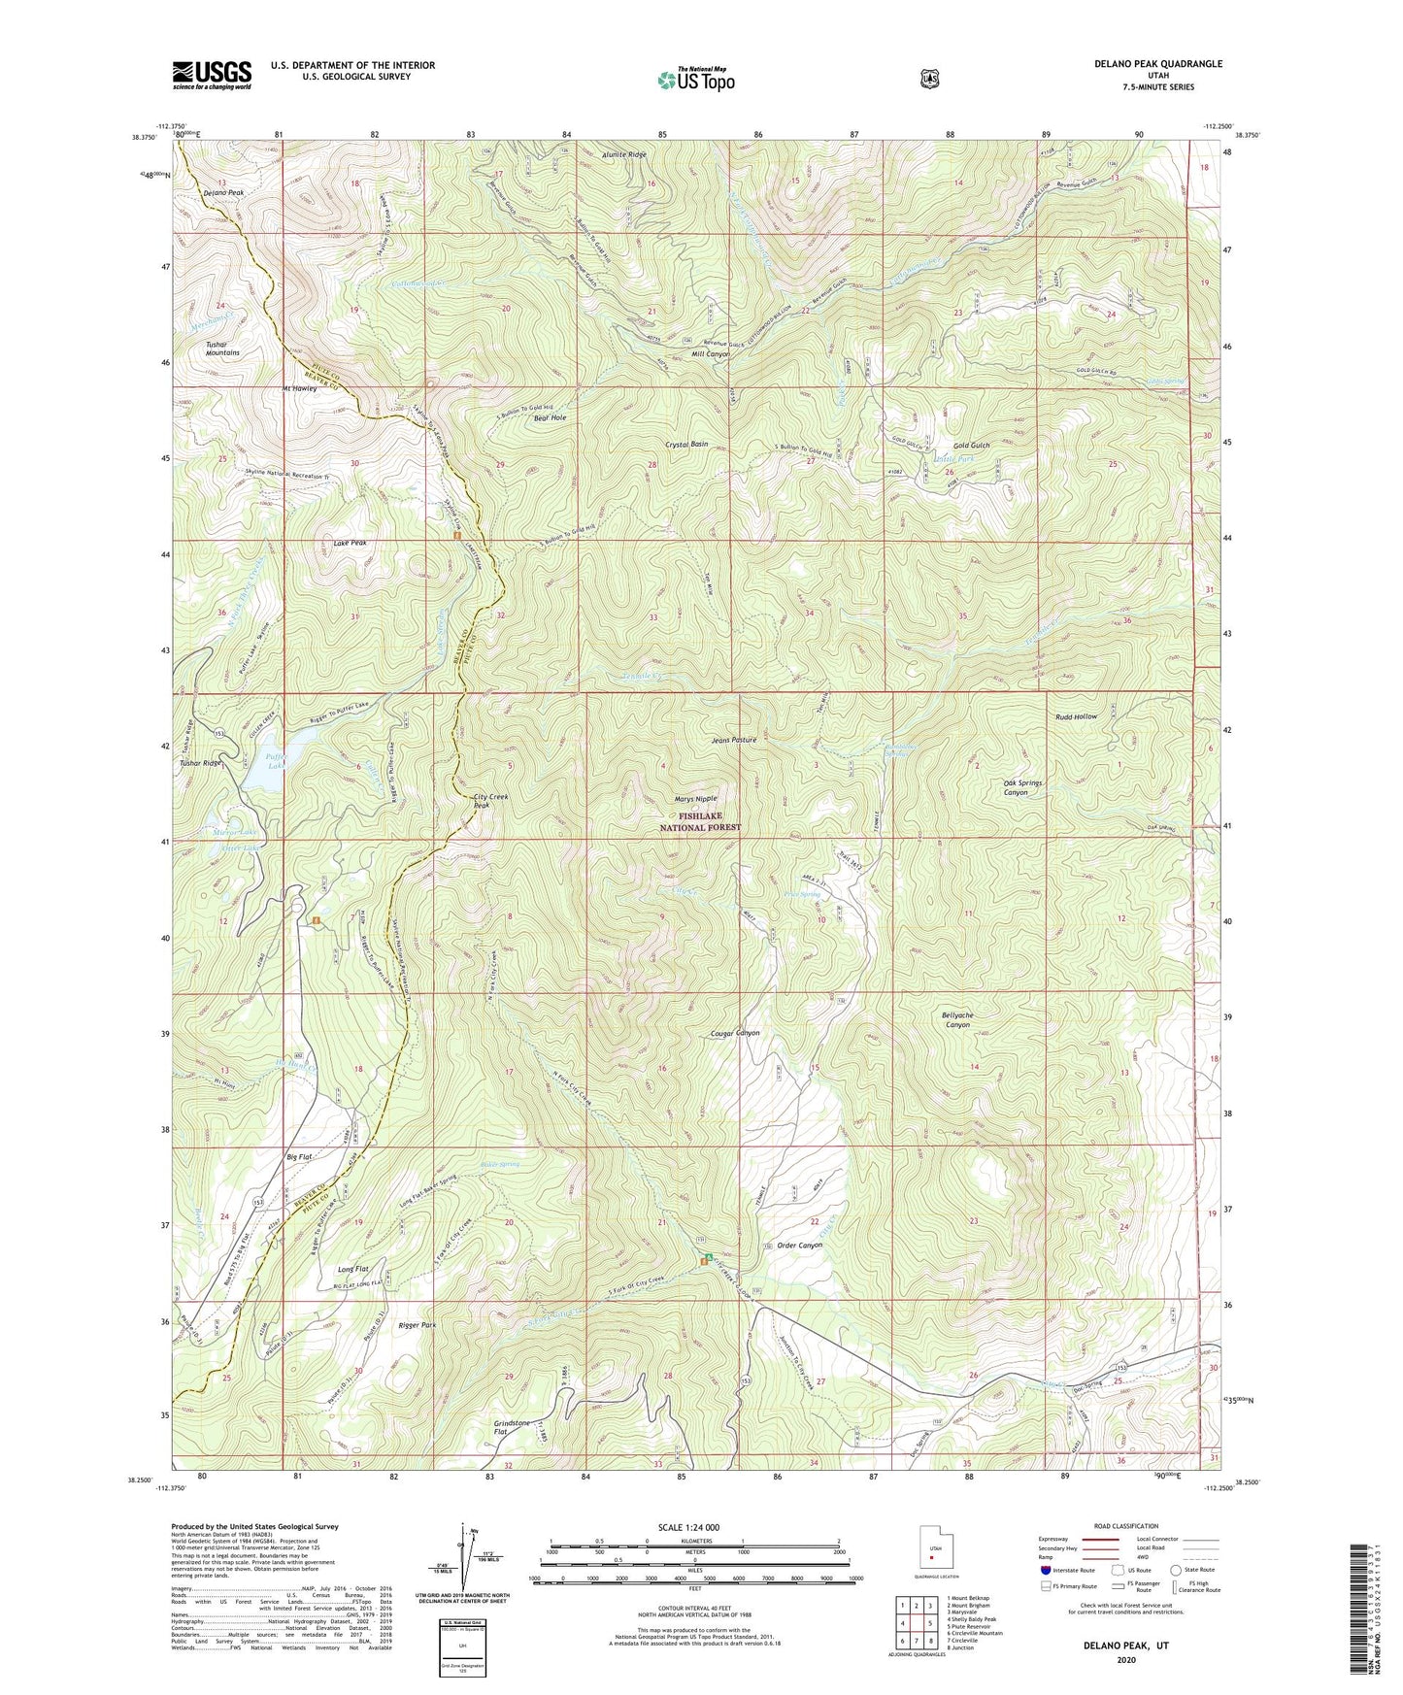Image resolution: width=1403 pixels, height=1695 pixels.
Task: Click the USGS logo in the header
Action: click(212, 75)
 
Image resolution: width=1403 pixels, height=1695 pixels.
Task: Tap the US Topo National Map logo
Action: click(695, 80)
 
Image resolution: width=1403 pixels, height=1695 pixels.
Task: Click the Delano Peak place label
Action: click(223, 193)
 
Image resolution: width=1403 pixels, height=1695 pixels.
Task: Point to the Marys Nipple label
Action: click(696, 799)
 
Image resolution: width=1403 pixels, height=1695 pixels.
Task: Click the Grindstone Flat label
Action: click(513, 1427)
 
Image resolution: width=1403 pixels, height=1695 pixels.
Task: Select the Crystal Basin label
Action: click(686, 444)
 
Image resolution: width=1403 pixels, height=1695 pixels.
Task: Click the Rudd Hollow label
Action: click(1077, 716)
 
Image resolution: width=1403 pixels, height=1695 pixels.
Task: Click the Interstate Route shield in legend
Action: click(1045, 1569)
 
